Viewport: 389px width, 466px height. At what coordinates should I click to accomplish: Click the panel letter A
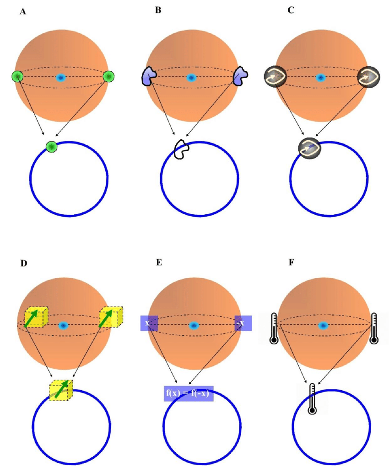pos(23,12)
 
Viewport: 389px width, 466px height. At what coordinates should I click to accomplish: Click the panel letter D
pos(23,263)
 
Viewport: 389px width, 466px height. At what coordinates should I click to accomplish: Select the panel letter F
pos(292,262)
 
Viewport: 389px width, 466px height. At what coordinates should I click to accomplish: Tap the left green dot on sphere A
pos(17,76)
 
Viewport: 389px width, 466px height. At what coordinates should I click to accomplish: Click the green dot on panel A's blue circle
pos(52,147)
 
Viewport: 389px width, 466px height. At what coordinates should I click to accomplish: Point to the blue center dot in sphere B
pos(191,78)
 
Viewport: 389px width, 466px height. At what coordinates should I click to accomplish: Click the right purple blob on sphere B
pos(241,76)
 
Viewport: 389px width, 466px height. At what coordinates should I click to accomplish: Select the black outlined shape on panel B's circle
pos(182,149)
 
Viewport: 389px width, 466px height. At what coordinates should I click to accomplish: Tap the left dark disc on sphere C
pos(276,77)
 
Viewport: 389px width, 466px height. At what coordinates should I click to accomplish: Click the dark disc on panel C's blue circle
pos(310,148)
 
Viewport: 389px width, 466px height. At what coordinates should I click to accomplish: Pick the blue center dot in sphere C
pos(320,78)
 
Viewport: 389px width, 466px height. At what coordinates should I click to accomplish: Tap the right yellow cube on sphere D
pos(111,317)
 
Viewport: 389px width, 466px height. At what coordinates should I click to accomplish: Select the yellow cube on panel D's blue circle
pos(61,390)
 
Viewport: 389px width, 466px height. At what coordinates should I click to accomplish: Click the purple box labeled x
pos(149,323)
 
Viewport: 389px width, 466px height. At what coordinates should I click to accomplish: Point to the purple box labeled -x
pos(243,323)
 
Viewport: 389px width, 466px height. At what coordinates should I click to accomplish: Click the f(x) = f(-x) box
pos(189,393)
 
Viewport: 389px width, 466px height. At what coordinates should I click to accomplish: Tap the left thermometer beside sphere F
pos(274,328)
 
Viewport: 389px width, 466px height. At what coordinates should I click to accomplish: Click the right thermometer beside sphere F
pos(374,328)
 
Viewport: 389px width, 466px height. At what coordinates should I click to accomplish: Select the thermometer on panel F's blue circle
pos(312,399)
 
